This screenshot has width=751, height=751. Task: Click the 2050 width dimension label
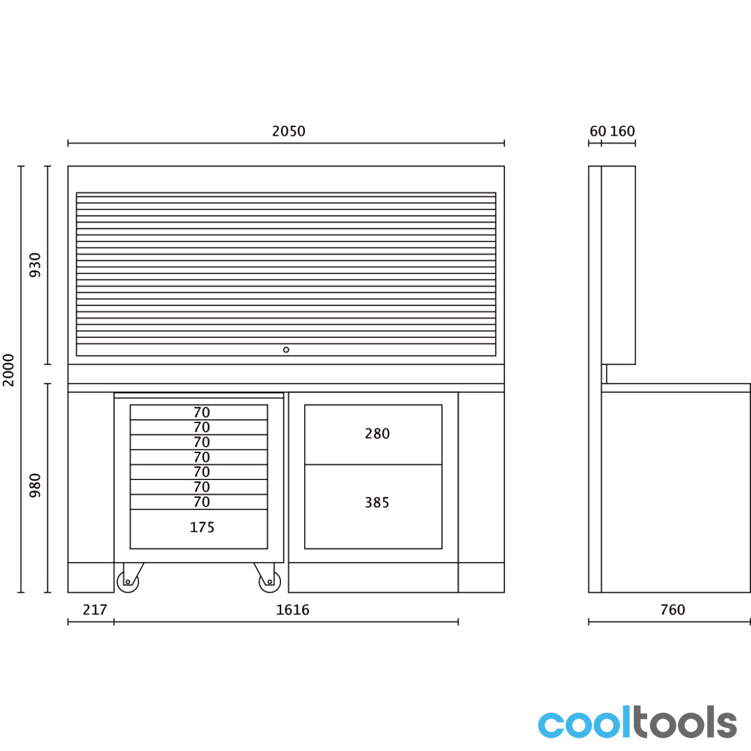click(x=289, y=131)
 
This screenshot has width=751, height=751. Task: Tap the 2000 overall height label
click(x=9, y=370)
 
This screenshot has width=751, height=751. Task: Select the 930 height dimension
click(x=35, y=265)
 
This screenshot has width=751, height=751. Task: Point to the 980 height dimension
click(x=35, y=486)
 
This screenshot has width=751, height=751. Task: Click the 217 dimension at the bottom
click(x=95, y=610)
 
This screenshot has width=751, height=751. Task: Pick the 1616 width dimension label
click(x=292, y=610)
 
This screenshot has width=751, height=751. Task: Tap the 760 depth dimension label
click(x=673, y=610)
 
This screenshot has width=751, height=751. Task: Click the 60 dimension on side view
click(x=598, y=131)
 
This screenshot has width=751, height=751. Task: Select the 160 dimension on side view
click(x=622, y=131)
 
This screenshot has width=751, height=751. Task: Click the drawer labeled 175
click(x=199, y=529)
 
